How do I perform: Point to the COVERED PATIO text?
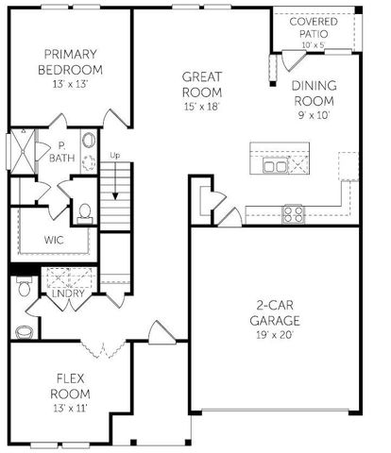tap(315, 27)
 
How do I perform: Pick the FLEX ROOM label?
tap(69, 385)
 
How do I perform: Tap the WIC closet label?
tap(54, 240)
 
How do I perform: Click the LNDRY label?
tap(68, 293)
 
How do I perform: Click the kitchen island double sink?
tap(276, 166)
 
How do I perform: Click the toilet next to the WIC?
tap(83, 212)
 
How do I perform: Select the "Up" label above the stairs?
tap(115, 155)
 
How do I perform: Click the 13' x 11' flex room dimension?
tap(68, 409)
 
